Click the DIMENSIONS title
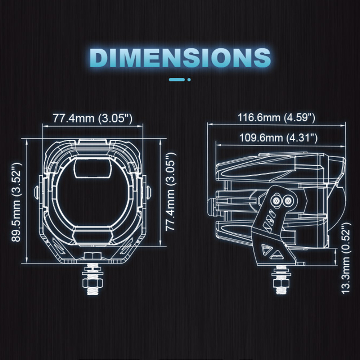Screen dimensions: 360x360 pos(180,57)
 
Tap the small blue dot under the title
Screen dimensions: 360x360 pos(189,80)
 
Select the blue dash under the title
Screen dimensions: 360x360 pos(177,80)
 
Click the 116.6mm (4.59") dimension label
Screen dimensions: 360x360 pos(276,118)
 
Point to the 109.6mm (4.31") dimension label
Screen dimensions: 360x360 pos(278,138)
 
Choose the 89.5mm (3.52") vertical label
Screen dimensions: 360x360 pos(17,202)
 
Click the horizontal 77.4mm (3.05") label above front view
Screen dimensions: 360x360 pos(93,118)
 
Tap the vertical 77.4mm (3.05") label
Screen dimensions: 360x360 pos(171,192)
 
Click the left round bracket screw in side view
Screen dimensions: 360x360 pos(276,201)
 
